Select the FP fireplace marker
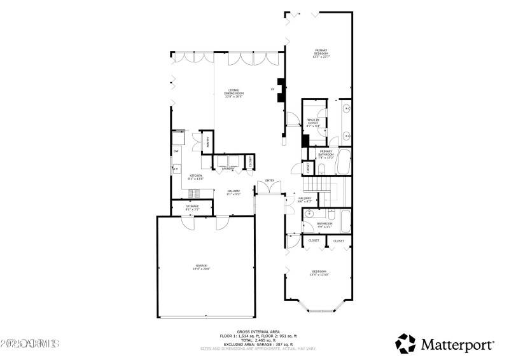coord(273,89)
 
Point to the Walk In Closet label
coord(313,122)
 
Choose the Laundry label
coord(227,169)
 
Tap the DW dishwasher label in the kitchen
coord(176,151)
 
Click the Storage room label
coord(192,207)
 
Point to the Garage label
coord(202,267)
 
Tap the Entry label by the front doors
coord(269,181)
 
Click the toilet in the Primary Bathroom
coord(323,169)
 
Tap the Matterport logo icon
coord(405,343)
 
